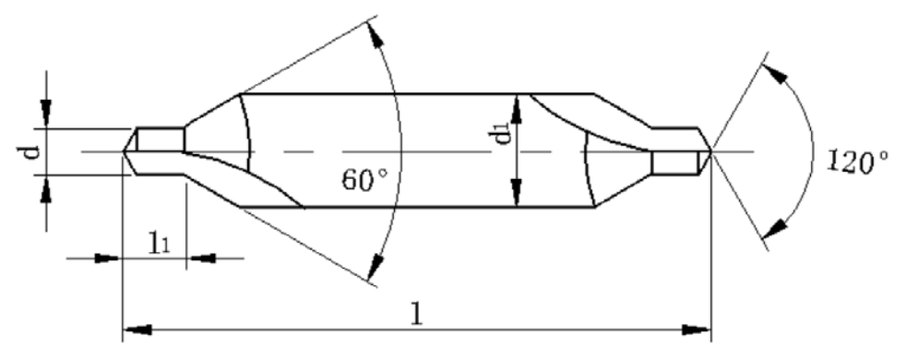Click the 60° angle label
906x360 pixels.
pos(364,180)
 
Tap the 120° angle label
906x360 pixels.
pos(857,162)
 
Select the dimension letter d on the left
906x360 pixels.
pos(35,150)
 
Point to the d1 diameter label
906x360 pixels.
pos(503,136)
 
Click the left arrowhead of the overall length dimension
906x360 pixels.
pos(137,330)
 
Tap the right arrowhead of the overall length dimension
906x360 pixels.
pos(697,330)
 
